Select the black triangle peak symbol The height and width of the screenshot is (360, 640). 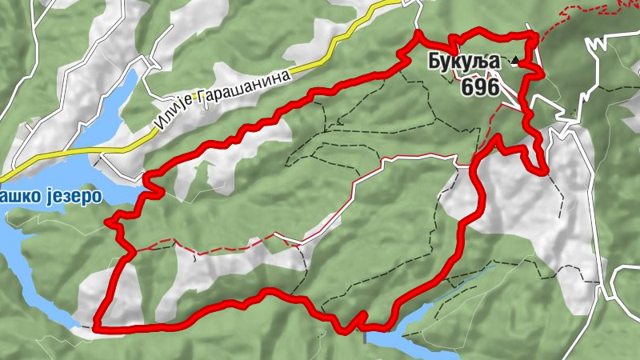514,62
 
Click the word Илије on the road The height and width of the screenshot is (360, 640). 170,119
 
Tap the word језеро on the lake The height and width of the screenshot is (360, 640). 68,196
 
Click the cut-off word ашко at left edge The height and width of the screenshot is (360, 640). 16,196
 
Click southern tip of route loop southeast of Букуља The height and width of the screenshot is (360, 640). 544,170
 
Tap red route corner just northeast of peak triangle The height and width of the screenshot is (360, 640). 534,36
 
